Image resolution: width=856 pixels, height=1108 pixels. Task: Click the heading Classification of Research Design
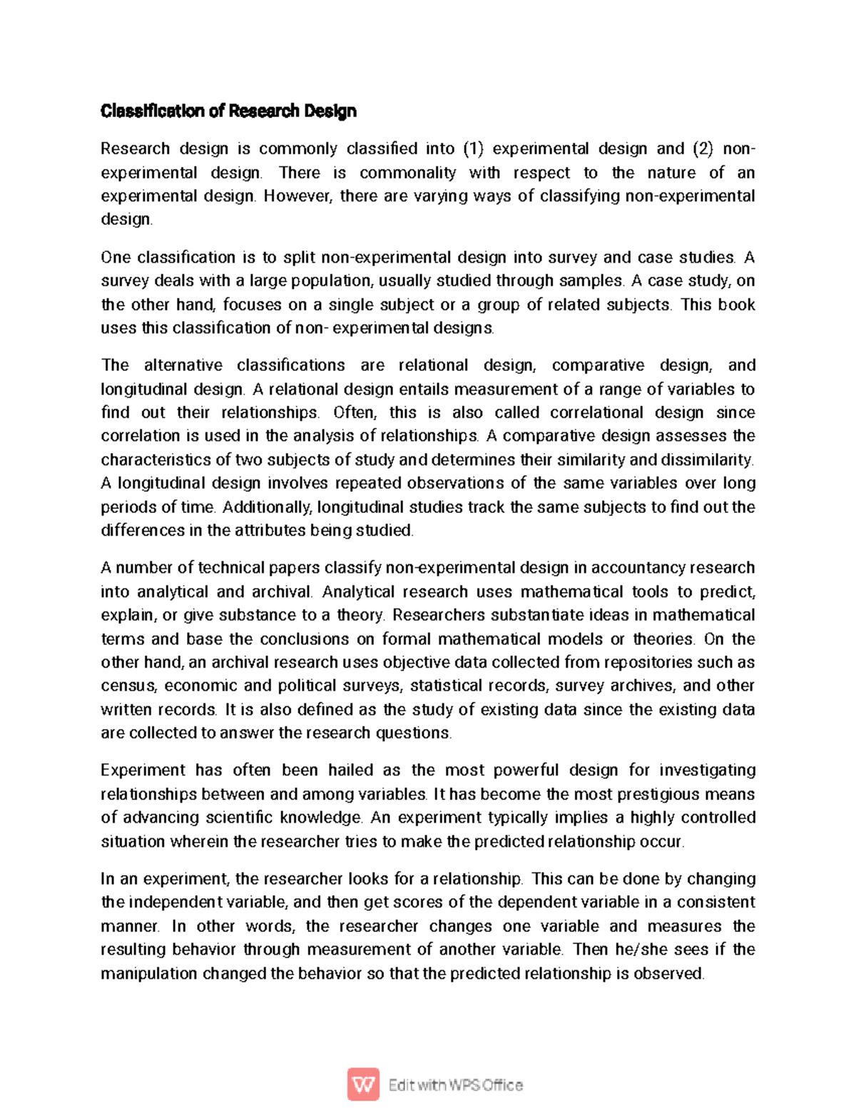click(x=228, y=111)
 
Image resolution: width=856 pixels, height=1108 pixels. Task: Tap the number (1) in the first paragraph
click(x=473, y=149)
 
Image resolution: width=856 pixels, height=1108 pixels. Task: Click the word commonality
click(x=407, y=173)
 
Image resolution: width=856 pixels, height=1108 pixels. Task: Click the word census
click(x=128, y=686)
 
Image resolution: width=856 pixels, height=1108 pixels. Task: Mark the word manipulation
click(x=148, y=974)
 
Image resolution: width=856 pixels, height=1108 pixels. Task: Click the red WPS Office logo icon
click(x=363, y=1085)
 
